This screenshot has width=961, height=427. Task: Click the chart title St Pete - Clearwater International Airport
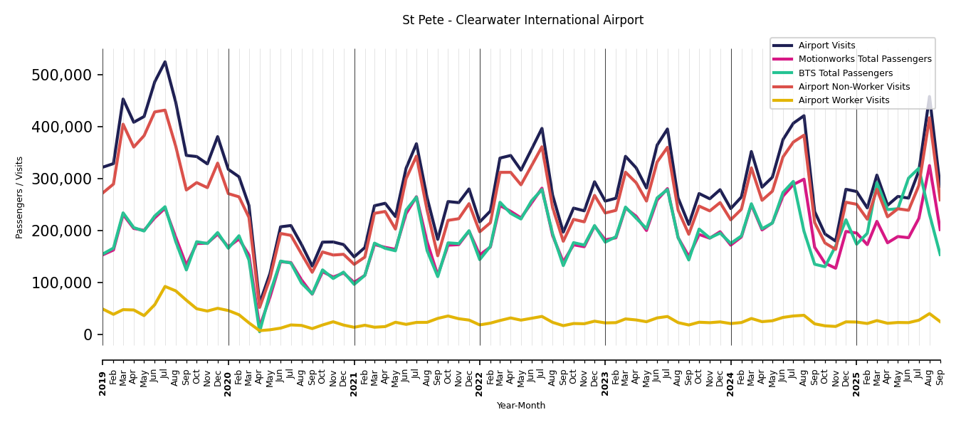point(522,21)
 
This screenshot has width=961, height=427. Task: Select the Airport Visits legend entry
point(826,46)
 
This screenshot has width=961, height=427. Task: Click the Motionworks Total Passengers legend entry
point(864,59)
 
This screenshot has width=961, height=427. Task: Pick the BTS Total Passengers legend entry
point(845,73)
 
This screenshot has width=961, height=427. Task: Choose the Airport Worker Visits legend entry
point(844,100)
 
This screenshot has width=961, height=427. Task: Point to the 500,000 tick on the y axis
point(62,75)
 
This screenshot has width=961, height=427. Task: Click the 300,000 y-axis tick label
point(62,179)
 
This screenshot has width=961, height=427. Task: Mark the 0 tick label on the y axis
point(88,334)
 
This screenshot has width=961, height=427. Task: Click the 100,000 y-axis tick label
point(62,283)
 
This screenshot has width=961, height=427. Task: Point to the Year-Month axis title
point(521,406)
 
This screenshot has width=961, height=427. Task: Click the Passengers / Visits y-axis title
point(20,197)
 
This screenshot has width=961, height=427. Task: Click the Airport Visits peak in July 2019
point(165,62)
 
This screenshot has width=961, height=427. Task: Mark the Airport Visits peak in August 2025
point(929,97)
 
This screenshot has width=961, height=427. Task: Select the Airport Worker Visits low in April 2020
point(260,331)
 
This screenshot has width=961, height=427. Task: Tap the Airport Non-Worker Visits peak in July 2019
point(165,110)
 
